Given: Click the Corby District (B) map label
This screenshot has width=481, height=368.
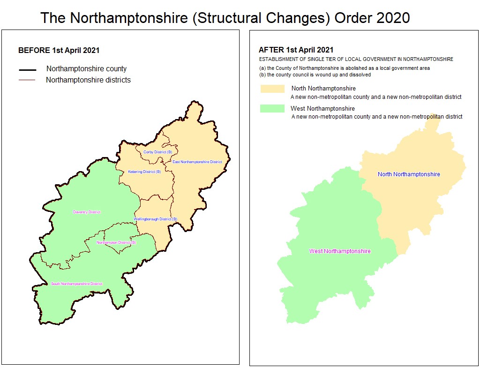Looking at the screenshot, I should pos(158,152).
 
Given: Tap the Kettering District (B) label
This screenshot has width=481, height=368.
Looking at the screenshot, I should pos(144,172).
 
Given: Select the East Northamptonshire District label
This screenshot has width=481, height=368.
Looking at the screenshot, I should pos(197,162).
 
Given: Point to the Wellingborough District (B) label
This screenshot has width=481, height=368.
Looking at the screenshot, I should pos(155,219).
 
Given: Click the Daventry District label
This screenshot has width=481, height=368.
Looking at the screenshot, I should pos(87,212).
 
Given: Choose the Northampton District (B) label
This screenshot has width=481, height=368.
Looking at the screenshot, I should pos(116,242).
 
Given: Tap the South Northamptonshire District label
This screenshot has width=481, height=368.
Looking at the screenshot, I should pos(76,284).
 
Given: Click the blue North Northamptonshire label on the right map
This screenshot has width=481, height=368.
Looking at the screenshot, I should pos(409,174).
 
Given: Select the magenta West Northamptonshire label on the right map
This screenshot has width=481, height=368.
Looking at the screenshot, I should pos(340,251).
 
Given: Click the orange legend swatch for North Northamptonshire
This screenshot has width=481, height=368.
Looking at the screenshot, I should pos(272,89).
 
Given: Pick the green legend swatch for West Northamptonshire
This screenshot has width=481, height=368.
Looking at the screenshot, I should pos(272,109).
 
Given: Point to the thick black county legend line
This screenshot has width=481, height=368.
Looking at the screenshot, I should pos(28,70).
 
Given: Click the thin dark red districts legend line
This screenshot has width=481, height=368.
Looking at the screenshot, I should pos(27,80).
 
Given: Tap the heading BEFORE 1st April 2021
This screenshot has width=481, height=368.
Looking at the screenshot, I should pos(59,51).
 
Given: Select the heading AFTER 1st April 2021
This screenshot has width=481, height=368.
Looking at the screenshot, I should pos(296,50).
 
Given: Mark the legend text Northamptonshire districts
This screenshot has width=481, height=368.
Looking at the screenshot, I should pos(88,80).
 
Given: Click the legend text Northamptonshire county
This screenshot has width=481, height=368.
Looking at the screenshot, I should pos(86,69).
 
